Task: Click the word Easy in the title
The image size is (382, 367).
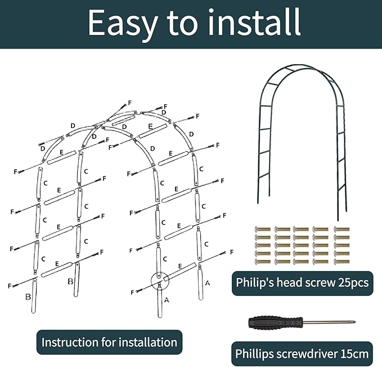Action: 121,23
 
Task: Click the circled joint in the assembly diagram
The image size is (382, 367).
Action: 159,280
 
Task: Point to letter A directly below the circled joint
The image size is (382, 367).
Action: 167,300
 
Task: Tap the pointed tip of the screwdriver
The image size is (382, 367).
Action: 354,323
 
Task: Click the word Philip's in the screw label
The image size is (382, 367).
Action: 255,282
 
